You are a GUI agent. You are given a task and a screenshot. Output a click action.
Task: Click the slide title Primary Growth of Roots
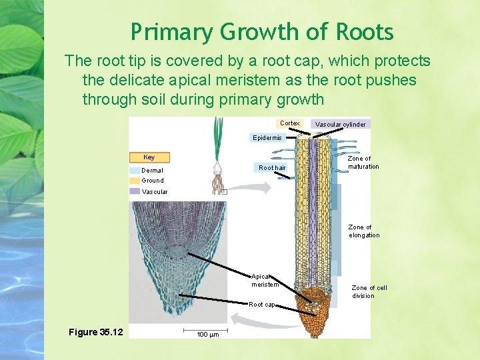(262, 32)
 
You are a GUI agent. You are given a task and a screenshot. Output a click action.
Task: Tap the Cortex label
(290, 123)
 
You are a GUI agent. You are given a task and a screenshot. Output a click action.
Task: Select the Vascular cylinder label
(340, 124)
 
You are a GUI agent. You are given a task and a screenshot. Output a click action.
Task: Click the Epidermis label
(267, 138)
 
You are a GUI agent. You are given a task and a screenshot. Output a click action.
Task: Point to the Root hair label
(272, 168)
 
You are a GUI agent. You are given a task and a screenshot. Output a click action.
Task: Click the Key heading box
(149, 157)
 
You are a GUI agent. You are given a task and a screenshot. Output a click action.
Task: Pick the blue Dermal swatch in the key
(135, 171)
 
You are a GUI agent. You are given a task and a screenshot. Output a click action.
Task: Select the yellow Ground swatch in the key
(135, 180)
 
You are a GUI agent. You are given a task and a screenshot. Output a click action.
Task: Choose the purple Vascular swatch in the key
(135, 191)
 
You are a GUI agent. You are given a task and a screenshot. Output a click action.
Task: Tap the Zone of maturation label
(363, 163)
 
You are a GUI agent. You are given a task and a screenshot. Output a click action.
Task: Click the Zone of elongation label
(364, 231)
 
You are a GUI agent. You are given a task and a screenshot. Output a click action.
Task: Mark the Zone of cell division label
(369, 292)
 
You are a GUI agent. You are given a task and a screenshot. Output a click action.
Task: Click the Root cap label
(261, 305)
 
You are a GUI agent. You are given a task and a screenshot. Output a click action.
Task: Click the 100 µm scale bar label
(208, 334)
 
